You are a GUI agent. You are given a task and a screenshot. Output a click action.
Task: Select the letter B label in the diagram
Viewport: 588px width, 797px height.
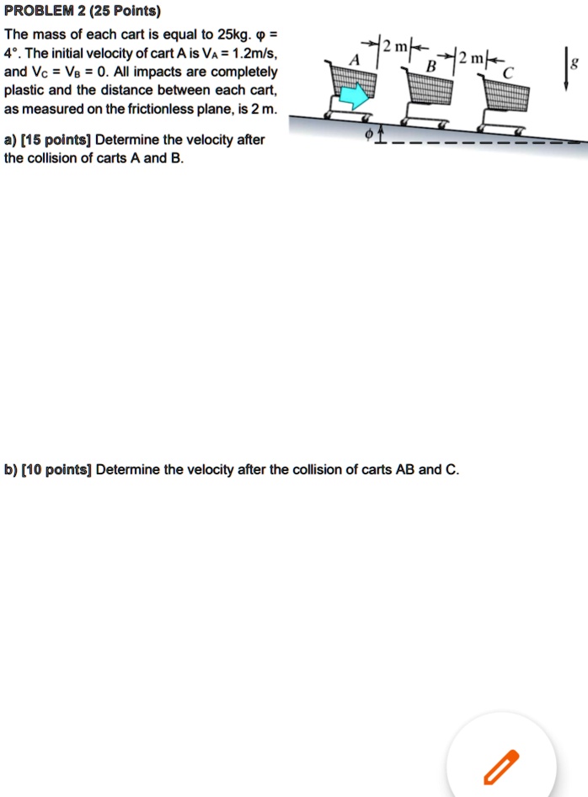[431, 65]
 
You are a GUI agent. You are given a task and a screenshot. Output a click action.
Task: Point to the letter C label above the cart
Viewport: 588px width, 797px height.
[506, 74]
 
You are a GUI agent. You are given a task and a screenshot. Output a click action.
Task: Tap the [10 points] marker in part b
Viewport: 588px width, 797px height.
[56, 469]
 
